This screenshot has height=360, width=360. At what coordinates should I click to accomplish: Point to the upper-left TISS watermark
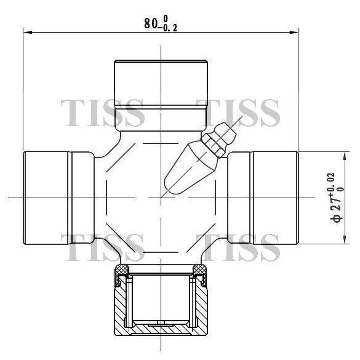pyautogui.click(x=103, y=112)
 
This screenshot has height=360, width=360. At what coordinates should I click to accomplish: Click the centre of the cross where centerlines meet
pyautogui.click(x=161, y=197)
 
